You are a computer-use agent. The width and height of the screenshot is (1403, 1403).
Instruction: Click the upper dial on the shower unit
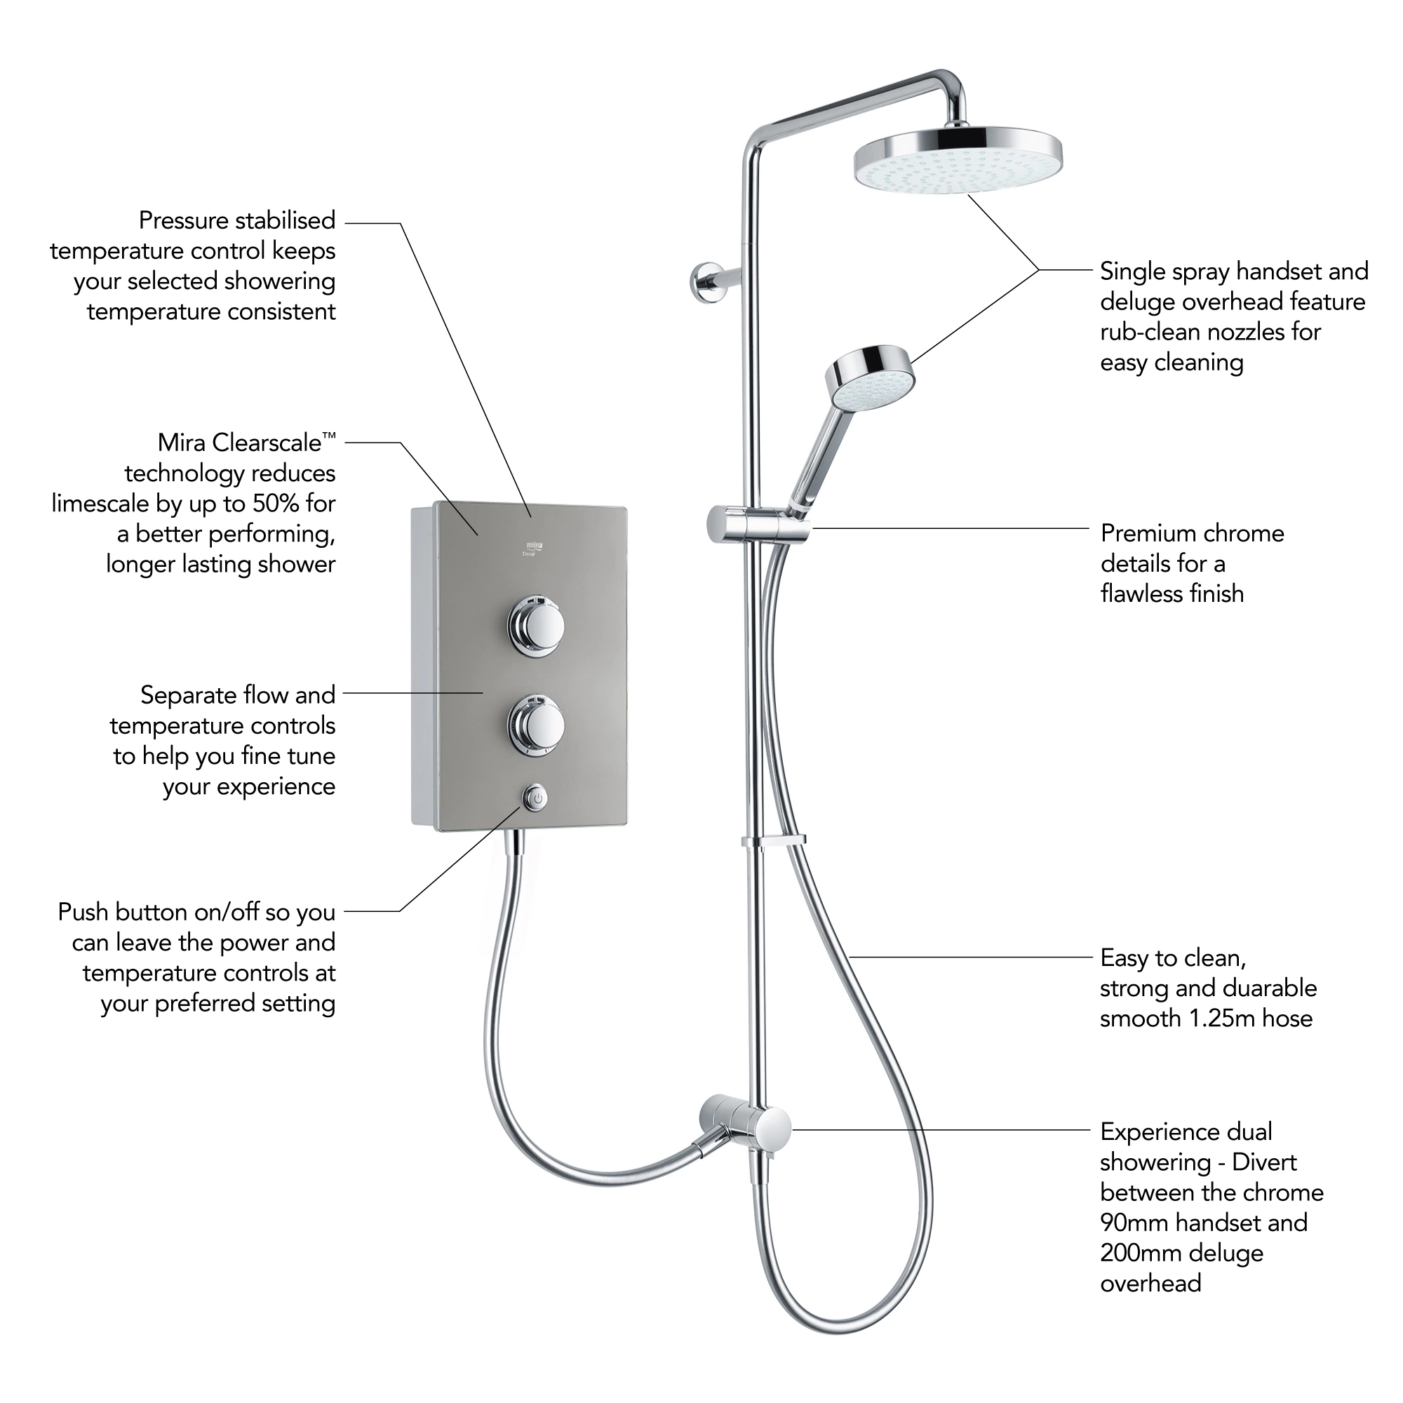tap(536, 623)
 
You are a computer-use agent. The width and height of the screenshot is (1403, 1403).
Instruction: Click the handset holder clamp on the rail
tap(758, 524)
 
